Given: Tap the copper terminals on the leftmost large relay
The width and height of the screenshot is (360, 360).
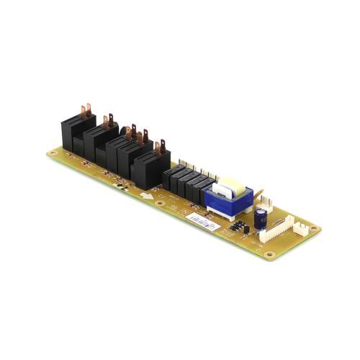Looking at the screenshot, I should [85, 110].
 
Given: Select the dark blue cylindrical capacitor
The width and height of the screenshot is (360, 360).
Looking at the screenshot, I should [260, 219].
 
